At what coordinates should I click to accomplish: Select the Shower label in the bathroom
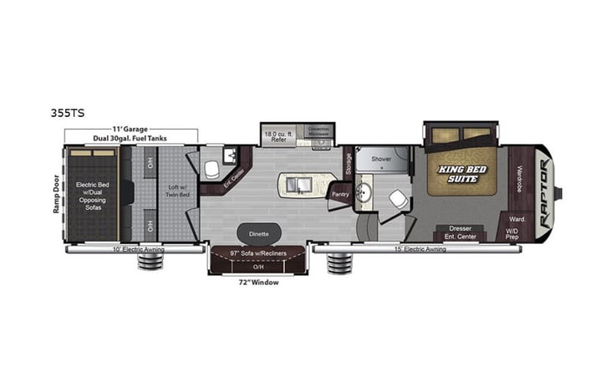point(382,158)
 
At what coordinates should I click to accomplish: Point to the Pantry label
point(340,194)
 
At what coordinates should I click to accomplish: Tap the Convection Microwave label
point(319,132)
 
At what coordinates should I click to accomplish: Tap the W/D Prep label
point(512,237)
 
